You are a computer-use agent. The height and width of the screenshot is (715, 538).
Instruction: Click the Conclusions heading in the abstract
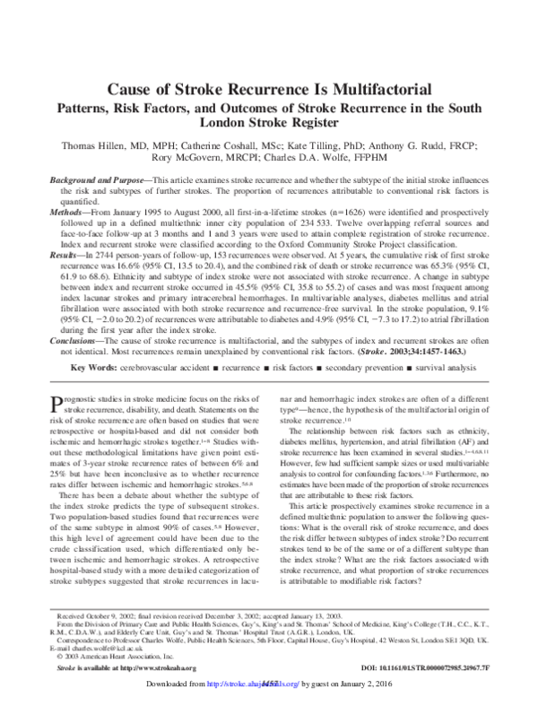(73, 341)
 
